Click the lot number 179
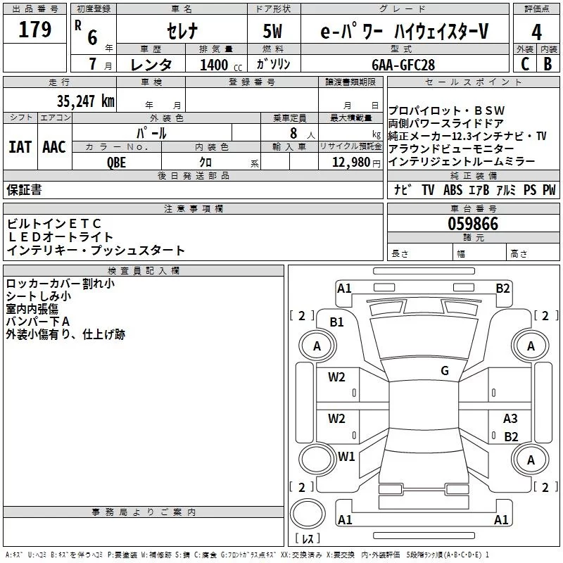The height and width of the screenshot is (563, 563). click(34, 30)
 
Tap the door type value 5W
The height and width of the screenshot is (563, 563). click(274, 31)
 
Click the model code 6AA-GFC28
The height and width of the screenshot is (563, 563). click(403, 63)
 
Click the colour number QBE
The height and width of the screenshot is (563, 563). click(117, 161)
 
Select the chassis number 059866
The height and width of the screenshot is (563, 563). click(473, 224)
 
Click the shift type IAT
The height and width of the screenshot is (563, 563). click(20, 147)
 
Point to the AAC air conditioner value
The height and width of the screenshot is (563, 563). click(53, 147)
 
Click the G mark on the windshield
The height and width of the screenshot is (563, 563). click(445, 371)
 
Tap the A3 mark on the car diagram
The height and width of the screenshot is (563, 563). click(510, 419)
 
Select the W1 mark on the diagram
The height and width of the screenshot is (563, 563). click(346, 456)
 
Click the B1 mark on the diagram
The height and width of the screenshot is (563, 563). click(336, 322)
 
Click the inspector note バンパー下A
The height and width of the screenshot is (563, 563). click(38, 322)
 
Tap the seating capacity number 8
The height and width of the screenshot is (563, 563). click(292, 133)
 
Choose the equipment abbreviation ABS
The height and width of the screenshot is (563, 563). click(453, 190)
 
